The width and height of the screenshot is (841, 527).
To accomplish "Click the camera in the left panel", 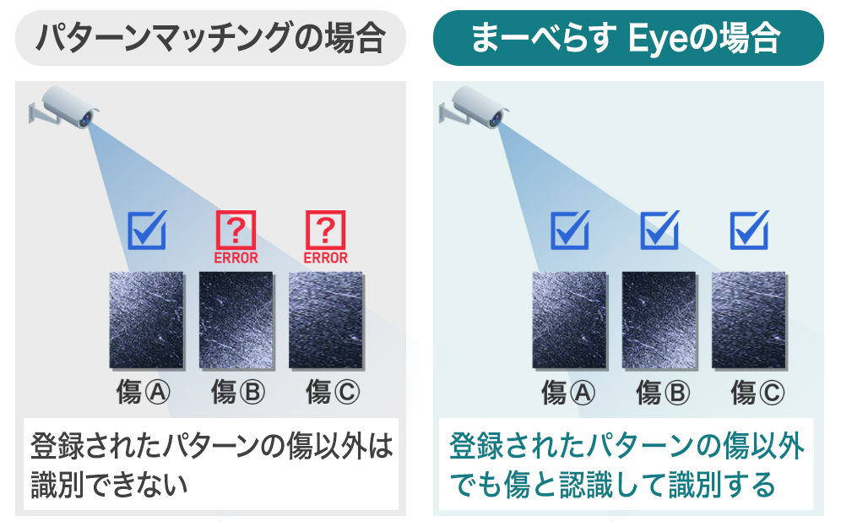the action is [x=64, y=107].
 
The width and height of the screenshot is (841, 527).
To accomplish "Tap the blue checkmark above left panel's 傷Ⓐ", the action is [x=147, y=230].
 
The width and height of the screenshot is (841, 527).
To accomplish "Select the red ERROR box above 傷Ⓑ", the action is [x=236, y=237].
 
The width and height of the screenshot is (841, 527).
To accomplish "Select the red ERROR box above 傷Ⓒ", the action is [x=326, y=237].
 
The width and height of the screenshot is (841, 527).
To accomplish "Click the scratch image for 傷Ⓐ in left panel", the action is [x=146, y=320].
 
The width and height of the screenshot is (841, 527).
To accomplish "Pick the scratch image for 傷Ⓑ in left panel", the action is [x=236, y=320].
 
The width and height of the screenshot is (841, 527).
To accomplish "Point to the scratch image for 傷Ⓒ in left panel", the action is [x=326, y=320].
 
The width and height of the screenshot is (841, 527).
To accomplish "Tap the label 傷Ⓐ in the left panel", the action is [x=144, y=392].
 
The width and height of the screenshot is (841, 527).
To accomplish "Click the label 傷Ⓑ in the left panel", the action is [x=237, y=392].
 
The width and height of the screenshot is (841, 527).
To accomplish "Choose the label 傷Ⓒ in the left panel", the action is [x=333, y=392].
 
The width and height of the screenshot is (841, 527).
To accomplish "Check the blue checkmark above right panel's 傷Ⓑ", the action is [x=659, y=230].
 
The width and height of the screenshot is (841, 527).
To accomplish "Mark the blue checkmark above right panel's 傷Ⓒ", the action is [x=749, y=230].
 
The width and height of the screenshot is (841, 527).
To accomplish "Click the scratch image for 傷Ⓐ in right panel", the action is [x=570, y=320].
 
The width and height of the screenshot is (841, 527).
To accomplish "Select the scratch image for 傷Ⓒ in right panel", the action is [x=749, y=320].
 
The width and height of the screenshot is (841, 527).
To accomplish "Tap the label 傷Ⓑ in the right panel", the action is [x=663, y=393].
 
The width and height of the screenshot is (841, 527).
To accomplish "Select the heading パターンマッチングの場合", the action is [x=210, y=37].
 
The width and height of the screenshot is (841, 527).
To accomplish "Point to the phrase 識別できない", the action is [x=109, y=485].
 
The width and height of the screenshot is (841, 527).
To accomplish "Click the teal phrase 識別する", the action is [x=723, y=485].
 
